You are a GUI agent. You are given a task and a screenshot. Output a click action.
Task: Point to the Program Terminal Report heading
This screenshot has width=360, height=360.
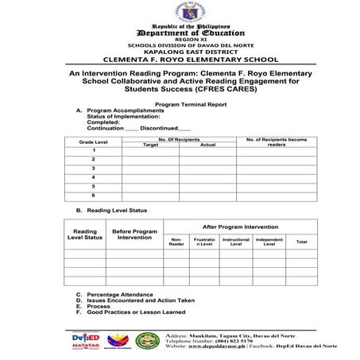(180, 104)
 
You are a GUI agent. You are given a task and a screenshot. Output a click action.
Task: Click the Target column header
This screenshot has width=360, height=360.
(150, 145)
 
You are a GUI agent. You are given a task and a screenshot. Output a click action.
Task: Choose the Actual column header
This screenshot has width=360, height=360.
(207, 145)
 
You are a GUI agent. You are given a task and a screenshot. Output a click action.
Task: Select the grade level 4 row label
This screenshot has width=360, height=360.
(93, 176)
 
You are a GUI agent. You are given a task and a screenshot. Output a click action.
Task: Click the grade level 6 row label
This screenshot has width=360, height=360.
(93, 195)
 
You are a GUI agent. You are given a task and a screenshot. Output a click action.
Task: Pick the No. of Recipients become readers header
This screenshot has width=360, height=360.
(277, 141)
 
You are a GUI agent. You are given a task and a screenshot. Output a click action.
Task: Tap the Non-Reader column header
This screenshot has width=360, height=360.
(176, 242)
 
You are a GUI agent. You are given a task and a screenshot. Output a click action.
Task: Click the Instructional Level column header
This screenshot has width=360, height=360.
(235, 242)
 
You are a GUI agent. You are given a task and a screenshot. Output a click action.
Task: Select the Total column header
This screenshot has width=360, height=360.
(301, 241)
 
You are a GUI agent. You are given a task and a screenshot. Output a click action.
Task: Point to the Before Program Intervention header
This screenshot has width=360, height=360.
(134, 234)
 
